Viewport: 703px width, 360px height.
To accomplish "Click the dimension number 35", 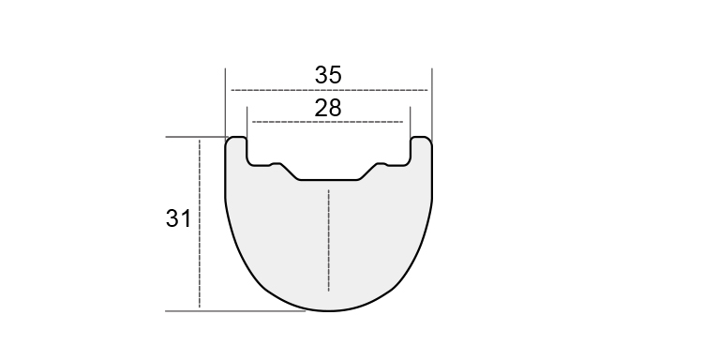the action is click(328, 75).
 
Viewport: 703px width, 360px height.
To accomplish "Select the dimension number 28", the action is click(328, 108).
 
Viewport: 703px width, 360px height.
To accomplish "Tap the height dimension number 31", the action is click(178, 218).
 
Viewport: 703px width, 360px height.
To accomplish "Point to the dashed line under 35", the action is click(329, 91).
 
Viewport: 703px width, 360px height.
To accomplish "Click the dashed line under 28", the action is click(328, 122).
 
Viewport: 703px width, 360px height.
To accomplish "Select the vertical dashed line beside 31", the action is click(200, 224).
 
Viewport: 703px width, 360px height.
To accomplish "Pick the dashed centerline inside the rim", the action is click(329, 240).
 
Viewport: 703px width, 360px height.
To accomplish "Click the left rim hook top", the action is click(236, 137).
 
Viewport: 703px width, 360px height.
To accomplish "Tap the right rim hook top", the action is click(422, 137).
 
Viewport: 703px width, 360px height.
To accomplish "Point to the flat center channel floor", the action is click(329, 180).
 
